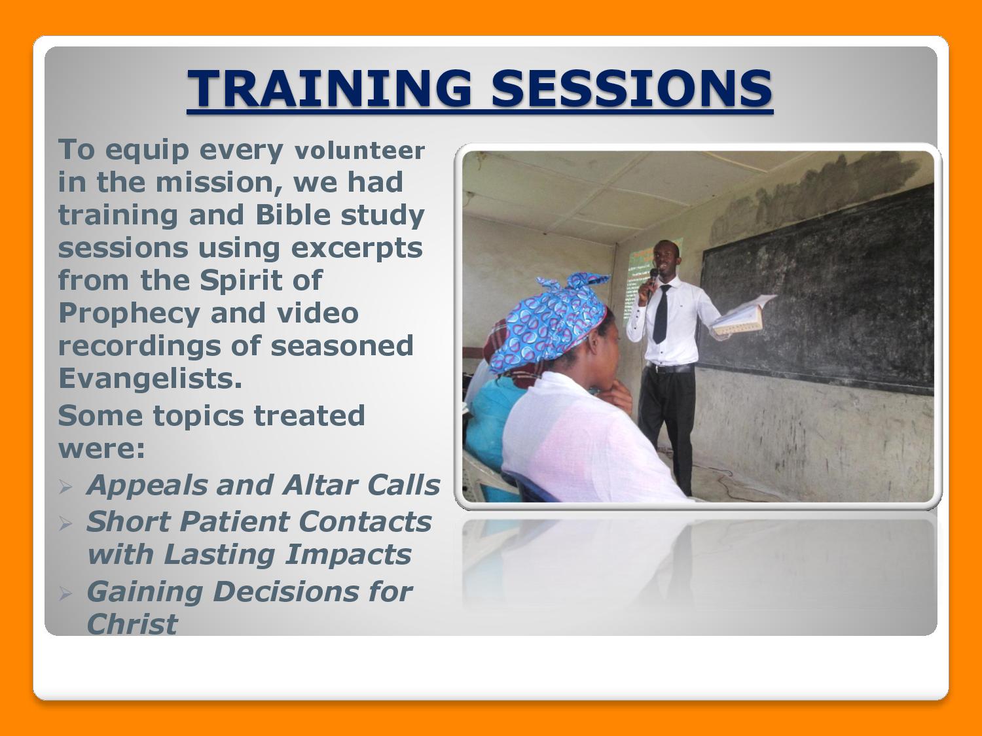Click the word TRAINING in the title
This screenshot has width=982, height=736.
click(x=329, y=88)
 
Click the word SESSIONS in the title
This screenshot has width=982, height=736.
click(x=632, y=88)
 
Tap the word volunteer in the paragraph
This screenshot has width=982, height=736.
click(x=359, y=150)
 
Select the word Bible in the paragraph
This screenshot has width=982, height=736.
click(x=293, y=215)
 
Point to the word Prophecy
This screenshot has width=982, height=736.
click(x=129, y=314)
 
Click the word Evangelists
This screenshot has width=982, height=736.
click(x=151, y=378)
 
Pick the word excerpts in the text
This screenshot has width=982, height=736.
click(x=357, y=249)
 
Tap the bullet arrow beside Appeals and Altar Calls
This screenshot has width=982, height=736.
click(x=65, y=487)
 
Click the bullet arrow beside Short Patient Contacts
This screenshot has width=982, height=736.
click(x=65, y=523)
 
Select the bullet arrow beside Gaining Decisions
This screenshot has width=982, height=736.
click(x=65, y=593)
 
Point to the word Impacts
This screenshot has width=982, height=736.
click(x=348, y=555)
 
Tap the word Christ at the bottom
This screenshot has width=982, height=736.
click(x=132, y=623)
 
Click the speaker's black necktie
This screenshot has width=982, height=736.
click(x=661, y=314)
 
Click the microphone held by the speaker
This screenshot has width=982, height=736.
click(x=652, y=281)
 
